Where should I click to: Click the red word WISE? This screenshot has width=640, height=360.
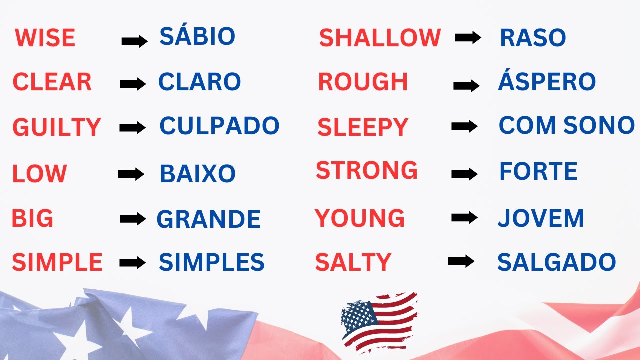[45, 38]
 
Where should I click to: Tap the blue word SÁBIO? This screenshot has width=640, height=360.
[197, 36]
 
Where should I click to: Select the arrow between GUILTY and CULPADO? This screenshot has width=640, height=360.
[133, 128]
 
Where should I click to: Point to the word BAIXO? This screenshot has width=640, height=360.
[197, 174]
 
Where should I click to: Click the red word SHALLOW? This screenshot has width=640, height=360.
[380, 38]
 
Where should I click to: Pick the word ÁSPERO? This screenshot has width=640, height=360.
[547, 82]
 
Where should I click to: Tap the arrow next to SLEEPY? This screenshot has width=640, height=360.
[464, 127]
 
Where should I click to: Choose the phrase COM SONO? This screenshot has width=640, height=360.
[566, 125]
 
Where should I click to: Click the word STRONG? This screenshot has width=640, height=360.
[367, 171]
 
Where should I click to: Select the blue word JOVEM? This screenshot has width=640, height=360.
[541, 219]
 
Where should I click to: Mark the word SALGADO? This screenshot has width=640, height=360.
[556, 262]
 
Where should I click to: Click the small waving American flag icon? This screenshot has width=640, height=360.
[379, 321]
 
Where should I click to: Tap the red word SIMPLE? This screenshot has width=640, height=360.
[57, 262]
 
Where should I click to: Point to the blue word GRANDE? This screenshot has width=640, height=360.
[209, 219]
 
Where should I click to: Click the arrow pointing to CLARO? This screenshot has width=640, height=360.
[133, 84]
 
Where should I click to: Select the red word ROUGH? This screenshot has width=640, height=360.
[363, 82]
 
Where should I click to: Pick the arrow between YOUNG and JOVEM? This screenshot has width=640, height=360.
[464, 217]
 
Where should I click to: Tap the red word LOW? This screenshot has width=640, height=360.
[39, 174]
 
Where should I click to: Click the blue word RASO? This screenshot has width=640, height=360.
[533, 38]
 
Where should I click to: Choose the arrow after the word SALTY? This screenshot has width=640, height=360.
[461, 261]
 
